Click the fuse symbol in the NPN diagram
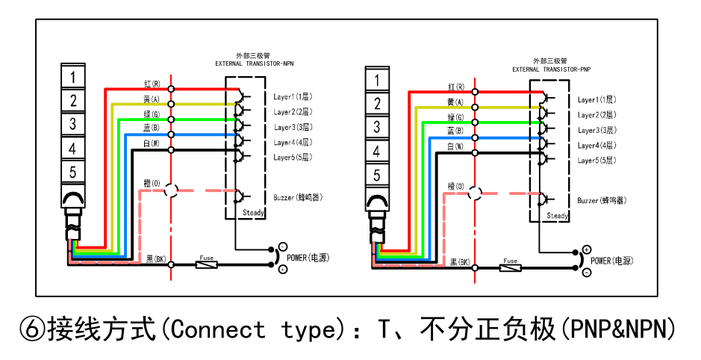pyautogui.click(x=206, y=264)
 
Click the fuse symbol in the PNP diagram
pyautogui.click(x=511, y=267)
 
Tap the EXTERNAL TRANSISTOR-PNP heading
pyautogui.click(x=551, y=69)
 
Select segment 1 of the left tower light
pyautogui.click(x=72, y=77)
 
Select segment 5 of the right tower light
pyautogui.click(x=377, y=176)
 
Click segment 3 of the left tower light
pyautogui.click(x=72, y=125)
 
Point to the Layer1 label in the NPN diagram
pyautogui.click(x=292, y=97)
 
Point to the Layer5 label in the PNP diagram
pyautogui.click(x=596, y=161)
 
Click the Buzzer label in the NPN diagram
pyautogui.click(x=297, y=197)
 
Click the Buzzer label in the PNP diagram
pyautogui.click(x=601, y=201)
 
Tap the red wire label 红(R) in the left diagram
pyautogui.click(x=152, y=84)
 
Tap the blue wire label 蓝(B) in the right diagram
pyautogui.click(x=455, y=131)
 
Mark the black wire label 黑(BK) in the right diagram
pyautogui.click(x=459, y=263)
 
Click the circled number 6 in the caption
pyautogui.click(x=31, y=329)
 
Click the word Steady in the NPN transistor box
pyautogui.click(x=254, y=213)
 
